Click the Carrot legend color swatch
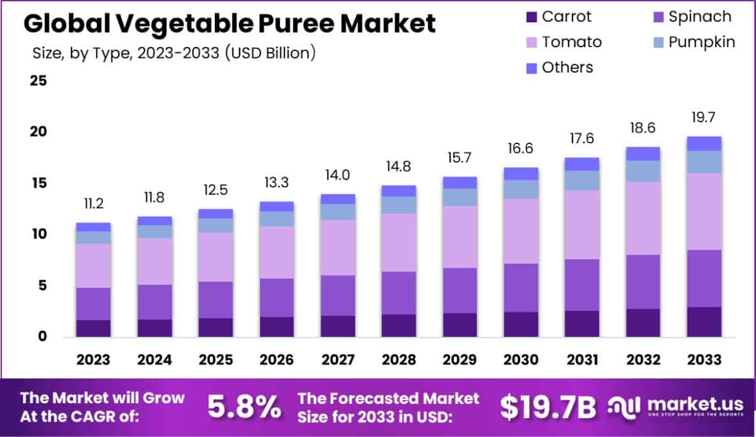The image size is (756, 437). pos(531,17)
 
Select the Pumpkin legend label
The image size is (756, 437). pos(701,42)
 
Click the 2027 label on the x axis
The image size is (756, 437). pos(338,359)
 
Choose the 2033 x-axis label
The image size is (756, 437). pos(704,359)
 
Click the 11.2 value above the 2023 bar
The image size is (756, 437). pos(93,204)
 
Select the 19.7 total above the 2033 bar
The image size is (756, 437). pos(704,117)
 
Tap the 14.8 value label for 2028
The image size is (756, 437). pos(399,167)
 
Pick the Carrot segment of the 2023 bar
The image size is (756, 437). pos(93,328)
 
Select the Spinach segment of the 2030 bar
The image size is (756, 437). pos(521,287)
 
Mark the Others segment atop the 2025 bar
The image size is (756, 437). pos(215,213)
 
